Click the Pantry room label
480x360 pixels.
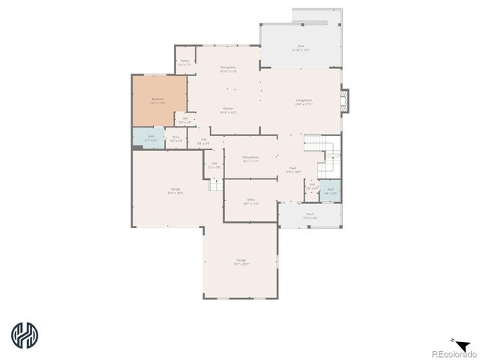click(184, 64)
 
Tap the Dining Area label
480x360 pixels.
click(229, 69)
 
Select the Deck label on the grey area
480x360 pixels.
click(301, 47)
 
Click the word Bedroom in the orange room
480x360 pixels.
click(157, 100)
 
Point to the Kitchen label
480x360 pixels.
click(228, 109)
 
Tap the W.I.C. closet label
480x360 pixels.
click(175, 138)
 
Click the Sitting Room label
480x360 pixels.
click(250, 158)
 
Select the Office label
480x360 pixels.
click(250, 199)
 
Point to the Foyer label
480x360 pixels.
click(293, 169)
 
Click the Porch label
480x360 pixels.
click(310, 214)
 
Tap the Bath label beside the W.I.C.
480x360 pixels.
click(151, 137)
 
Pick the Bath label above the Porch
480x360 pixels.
click(331, 190)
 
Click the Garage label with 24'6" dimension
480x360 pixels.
click(175, 190)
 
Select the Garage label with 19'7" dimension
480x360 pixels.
click(241, 261)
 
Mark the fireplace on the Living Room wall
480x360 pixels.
click(344, 101)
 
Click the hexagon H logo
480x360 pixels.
click(25, 335)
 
